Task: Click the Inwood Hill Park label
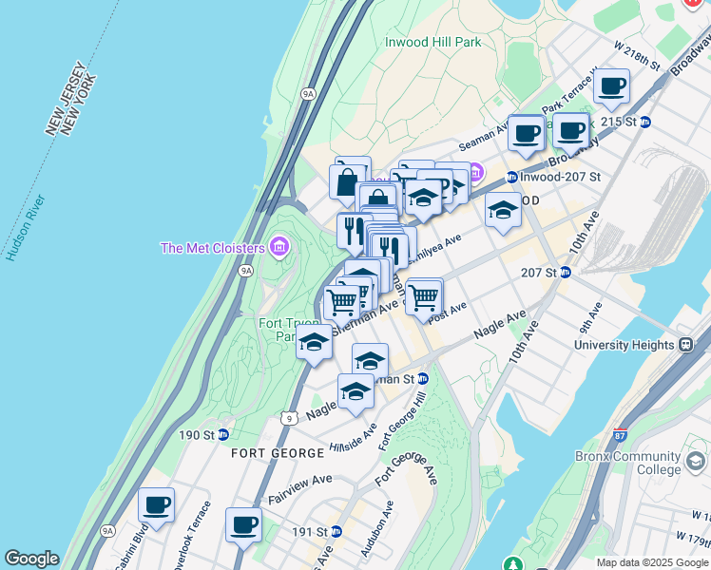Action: (x=432, y=42)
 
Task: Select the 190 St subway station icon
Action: (x=222, y=435)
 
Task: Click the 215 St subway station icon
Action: (x=645, y=122)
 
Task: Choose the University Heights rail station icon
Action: (x=685, y=346)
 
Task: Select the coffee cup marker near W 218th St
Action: (x=612, y=87)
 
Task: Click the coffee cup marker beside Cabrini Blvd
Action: (x=156, y=505)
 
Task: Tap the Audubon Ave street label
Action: (x=376, y=528)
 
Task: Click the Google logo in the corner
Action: (x=31, y=559)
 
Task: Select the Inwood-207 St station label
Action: (x=561, y=177)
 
